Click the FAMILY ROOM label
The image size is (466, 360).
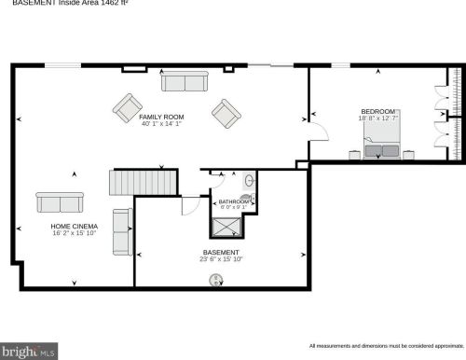click(x=161, y=118)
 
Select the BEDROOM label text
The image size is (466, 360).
click(x=377, y=112)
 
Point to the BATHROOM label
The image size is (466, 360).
click(x=233, y=201)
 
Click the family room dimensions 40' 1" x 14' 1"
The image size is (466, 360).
click(x=161, y=124)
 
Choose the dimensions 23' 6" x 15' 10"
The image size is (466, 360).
click(x=222, y=260)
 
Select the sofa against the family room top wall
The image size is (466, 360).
click(x=185, y=82)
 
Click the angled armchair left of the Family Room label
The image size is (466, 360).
click(x=128, y=107)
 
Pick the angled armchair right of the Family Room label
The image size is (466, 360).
click(x=226, y=114)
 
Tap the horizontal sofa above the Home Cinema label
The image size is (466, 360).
click(x=60, y=201)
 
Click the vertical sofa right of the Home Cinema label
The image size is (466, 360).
click(x=122, y=232)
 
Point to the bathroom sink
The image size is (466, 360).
click(x=249, y=181)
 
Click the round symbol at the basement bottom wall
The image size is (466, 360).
click(x=217, y=279)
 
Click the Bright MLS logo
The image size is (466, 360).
click(x=29, y=351)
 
